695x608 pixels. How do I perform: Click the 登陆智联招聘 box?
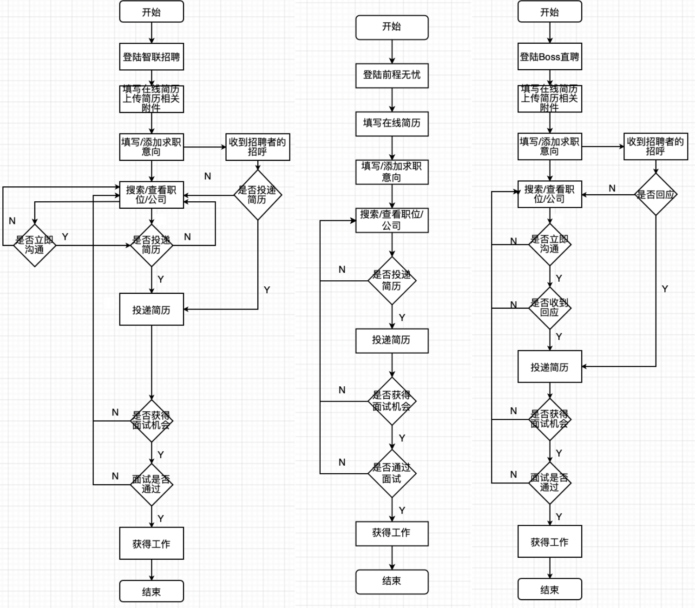pyautogui.click(x=151, y=57)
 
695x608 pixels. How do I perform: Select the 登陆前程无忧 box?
pyautogui.click(x=392, y=75)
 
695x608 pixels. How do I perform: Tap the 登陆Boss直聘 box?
pyautogui.click(x=550, y=57)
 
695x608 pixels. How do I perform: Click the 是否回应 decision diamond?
pyautogui.click(x=656, y=194)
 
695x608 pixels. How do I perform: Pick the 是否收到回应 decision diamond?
pyautogui.click(x=550, y=308)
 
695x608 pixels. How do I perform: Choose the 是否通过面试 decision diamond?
pyautogui.click(x=392, y=473)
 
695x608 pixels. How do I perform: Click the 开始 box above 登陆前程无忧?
pyautogui.click(x=392, y=27)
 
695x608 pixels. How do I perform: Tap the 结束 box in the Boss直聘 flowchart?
pyautogui.click(x=550, y=590)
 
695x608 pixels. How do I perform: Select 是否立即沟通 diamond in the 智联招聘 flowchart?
pyautogui.click(x=34, y=245)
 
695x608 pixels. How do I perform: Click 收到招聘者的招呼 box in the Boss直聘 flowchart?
pyautogui.click(x=656, y=146)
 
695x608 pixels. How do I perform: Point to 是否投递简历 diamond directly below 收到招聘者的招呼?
pyautogui.click(x=257, y=195)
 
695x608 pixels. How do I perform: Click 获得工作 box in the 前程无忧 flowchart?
pyautogui.click(x=392, y=533)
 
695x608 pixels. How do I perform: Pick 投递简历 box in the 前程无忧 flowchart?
pyautogui.click(x=392, y=340)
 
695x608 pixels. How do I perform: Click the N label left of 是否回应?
pyautogui.click(x=612, y=188)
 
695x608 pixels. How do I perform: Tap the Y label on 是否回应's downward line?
pyautogui.click(x=664, y=289)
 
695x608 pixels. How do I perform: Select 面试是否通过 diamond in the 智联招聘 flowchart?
pyautogui.click(x=151, y=484)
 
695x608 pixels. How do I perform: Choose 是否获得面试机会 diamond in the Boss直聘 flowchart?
pyautogui.click(x=550, y=419)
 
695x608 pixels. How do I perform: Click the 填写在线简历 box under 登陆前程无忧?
pyautogui.click(x=392, y=123)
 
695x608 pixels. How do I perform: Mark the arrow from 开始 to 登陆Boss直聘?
pyautogui.click(x=550, y=33)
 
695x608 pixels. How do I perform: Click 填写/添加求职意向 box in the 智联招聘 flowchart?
pyautogui.click(x=151, y=147)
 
